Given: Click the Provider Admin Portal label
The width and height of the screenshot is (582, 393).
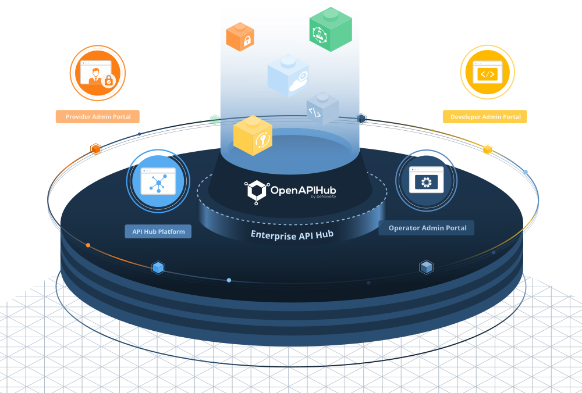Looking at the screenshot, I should pyautogui.click(x=98, y=117).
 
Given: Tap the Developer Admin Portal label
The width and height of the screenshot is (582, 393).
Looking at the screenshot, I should pyautogui.click(x=485, y=117).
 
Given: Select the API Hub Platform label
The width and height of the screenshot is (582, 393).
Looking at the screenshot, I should pyautogui.click(x=158, y=231).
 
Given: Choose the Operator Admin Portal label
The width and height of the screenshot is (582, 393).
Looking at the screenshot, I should pyautogui.click(x=427, y=228).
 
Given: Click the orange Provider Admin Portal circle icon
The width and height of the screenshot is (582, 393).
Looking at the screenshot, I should pyautogui.click(x=97, y=73).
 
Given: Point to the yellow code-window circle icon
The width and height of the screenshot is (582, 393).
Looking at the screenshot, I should pyautogui.click(x=487, y=73).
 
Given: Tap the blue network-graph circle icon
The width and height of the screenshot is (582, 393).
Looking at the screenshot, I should pyautogui.click(x=158, y=181).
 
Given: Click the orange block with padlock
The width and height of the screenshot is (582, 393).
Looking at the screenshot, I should pyautogui.click(x=240, y=37).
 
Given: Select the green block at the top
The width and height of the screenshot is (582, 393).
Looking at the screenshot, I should pyautogui.click(x=331, y=29).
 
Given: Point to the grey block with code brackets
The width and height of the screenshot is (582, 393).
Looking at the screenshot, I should pyautogui.click(x=322, y=108).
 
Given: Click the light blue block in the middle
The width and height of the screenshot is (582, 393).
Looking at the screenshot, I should pyautogui.click(x=288, y=76).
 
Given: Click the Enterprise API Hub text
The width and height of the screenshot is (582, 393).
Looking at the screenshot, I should pyautogui.click(x=291, y=235).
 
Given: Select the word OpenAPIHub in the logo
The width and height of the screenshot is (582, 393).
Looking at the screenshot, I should pyautogui.click(x=303, y=190).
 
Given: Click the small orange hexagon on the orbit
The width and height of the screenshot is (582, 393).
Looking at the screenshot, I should pyautogui.click(x=96, y=149).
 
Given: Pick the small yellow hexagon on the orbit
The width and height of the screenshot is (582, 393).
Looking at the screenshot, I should pyautogui.click(x=488, y=149).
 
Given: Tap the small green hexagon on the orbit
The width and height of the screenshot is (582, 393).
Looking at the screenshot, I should pyautogui.click(x=215, y=120).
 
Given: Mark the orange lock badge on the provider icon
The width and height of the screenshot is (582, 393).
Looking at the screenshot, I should pyautogui.click(x=109, y=81).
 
